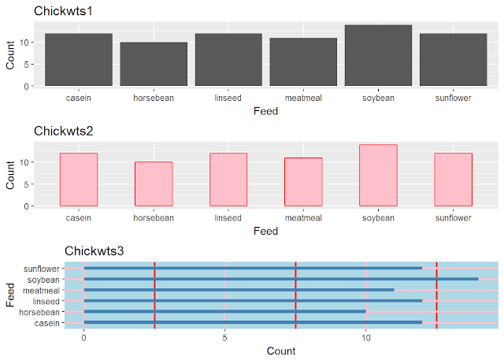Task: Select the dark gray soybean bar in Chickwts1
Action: tap(378, 55)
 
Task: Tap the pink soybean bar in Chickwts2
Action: tap(378, 175)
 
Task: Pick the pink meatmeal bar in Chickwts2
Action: tap(303, 182)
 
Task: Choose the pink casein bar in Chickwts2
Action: tap(79, 180)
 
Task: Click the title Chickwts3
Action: tap(94, 251)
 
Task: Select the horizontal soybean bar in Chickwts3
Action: tap(280, 279)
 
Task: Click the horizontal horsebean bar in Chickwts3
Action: tap(224, 311)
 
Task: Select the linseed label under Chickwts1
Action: tap(228, 98)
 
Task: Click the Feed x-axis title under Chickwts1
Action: tap(265, 111)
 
